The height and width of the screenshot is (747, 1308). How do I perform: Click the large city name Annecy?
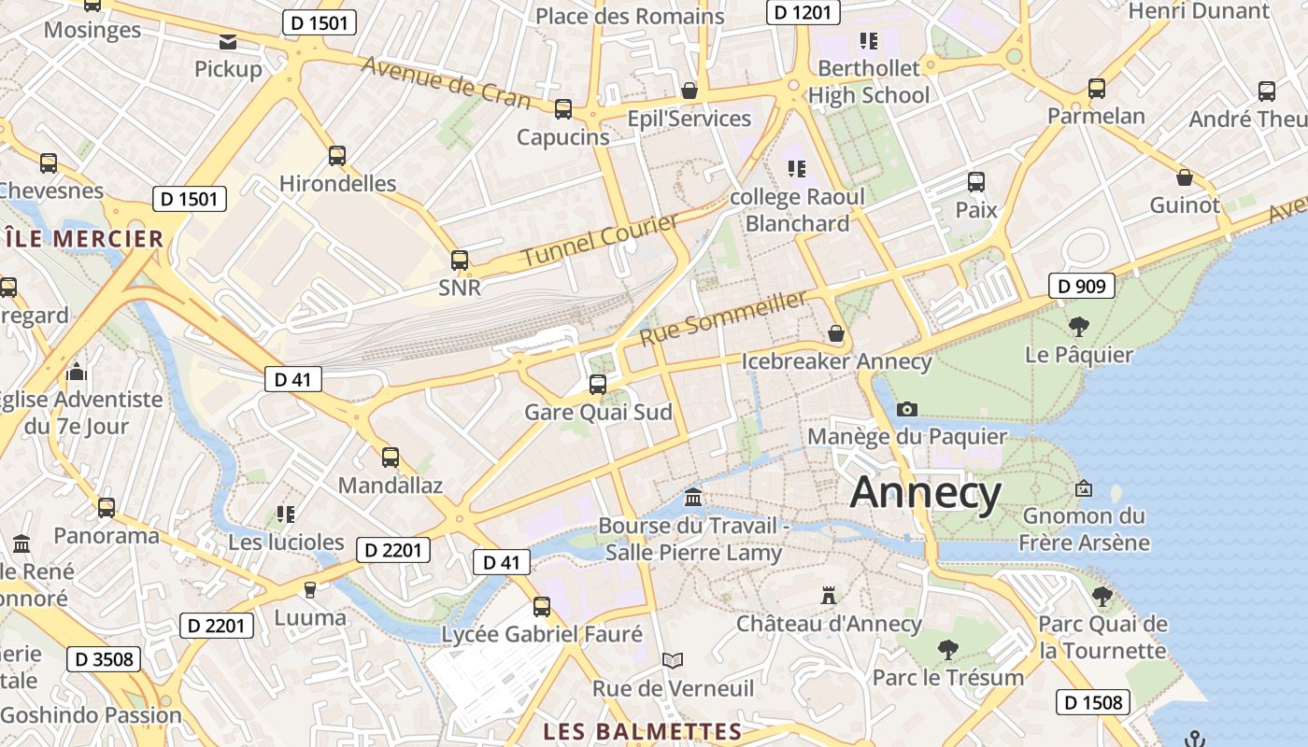point(925,492)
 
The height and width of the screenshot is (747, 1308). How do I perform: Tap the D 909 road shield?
point(1083,286)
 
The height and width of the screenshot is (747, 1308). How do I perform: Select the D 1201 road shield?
point(803,12)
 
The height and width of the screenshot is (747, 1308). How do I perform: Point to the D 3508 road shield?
point(104,659)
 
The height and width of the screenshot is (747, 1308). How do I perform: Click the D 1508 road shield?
point(1094,702)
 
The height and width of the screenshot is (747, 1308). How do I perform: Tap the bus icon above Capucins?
point(563,109)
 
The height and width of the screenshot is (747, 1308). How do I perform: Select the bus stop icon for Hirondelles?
point(337,156)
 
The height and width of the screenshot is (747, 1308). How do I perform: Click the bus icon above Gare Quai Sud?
point(598,384)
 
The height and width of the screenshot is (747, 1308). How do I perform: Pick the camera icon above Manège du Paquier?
point(906,409)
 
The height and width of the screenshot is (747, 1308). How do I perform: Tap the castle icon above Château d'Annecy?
point(828,595)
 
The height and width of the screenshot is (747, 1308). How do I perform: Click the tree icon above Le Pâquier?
point(1079,327)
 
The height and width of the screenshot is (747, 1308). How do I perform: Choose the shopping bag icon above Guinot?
point(1185,177)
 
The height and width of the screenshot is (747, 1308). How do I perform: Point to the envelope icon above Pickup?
point(228,41)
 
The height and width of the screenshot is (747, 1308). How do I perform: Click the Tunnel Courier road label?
point(600,240)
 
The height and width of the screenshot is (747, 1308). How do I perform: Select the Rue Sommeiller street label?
point(723,317)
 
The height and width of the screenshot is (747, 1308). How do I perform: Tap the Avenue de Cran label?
point(446,83)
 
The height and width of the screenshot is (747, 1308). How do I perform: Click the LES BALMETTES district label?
point(642,731)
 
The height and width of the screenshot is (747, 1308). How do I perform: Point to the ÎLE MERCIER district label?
point(84,239)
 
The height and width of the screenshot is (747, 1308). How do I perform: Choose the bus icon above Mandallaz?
point(391,458)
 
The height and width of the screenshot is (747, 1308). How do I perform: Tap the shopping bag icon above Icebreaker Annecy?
point(836,333)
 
